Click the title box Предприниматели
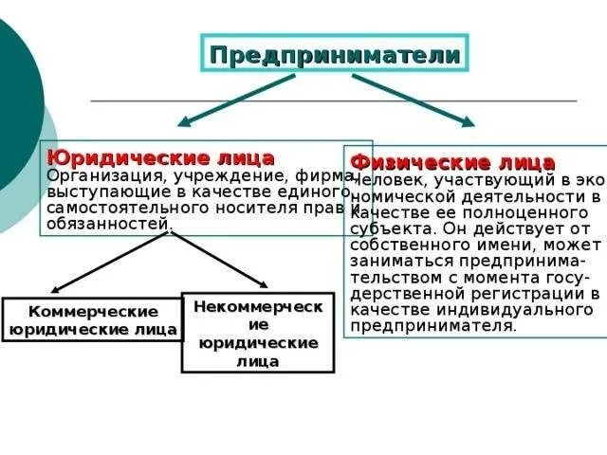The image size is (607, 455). pos(335,54)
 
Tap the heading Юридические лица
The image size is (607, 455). pos(160,157)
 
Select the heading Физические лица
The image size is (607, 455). pos(452,162)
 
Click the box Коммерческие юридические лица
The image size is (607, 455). pos(93,320)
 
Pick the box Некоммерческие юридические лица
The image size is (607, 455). pos(258,332)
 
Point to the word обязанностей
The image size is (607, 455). pos(108,224)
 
